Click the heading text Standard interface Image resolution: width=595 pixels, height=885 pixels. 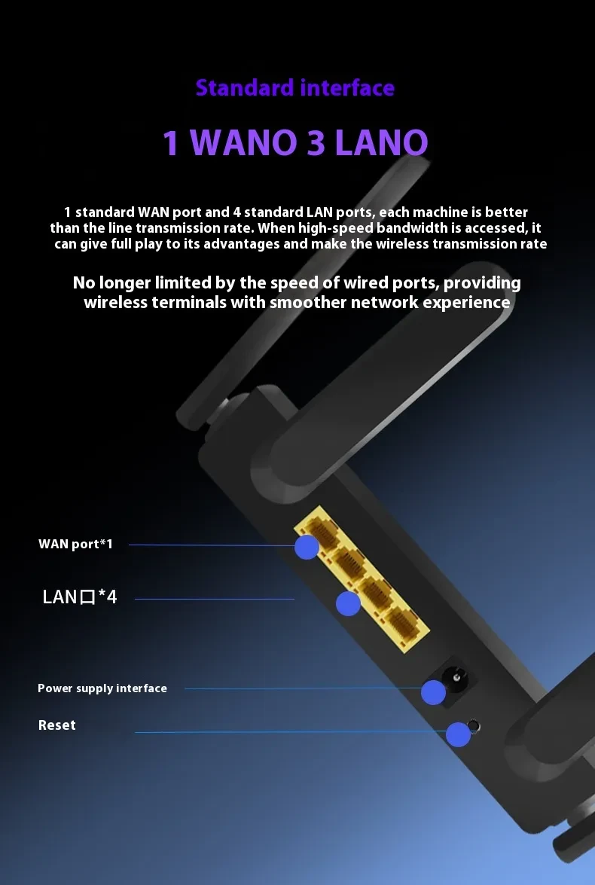pos(294,88)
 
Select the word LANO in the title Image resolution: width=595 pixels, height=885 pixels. pos(381,143)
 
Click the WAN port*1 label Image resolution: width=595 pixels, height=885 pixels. pos(75,544)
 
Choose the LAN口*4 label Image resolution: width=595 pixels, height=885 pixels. pos(80,598)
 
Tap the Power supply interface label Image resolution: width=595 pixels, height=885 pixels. pos(102,688)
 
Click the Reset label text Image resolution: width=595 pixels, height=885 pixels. pos(57,725)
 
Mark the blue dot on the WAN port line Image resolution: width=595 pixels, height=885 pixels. pos(307,547)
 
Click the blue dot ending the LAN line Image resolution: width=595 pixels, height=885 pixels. pos(348,603)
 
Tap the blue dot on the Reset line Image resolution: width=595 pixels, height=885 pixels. pos(458,734)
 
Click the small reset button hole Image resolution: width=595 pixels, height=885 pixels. pos(474,727)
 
